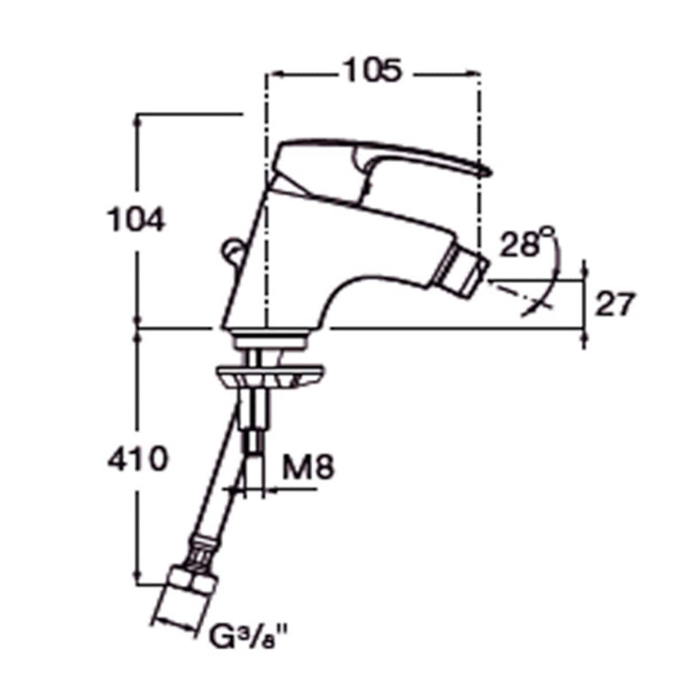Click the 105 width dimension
[372, 71]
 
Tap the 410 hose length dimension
[138, 458]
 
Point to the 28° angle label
[527, 242]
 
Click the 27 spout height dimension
[614, 304]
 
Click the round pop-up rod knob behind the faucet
[232, 250]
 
